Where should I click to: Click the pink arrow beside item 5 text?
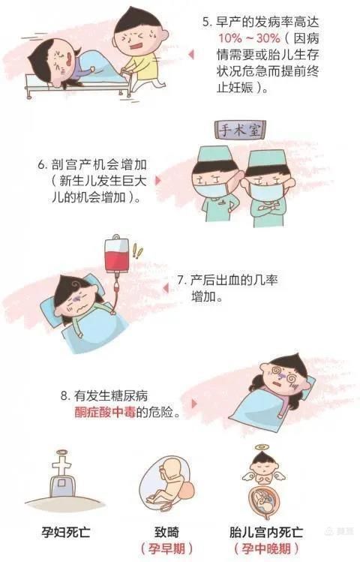[190, 54]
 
